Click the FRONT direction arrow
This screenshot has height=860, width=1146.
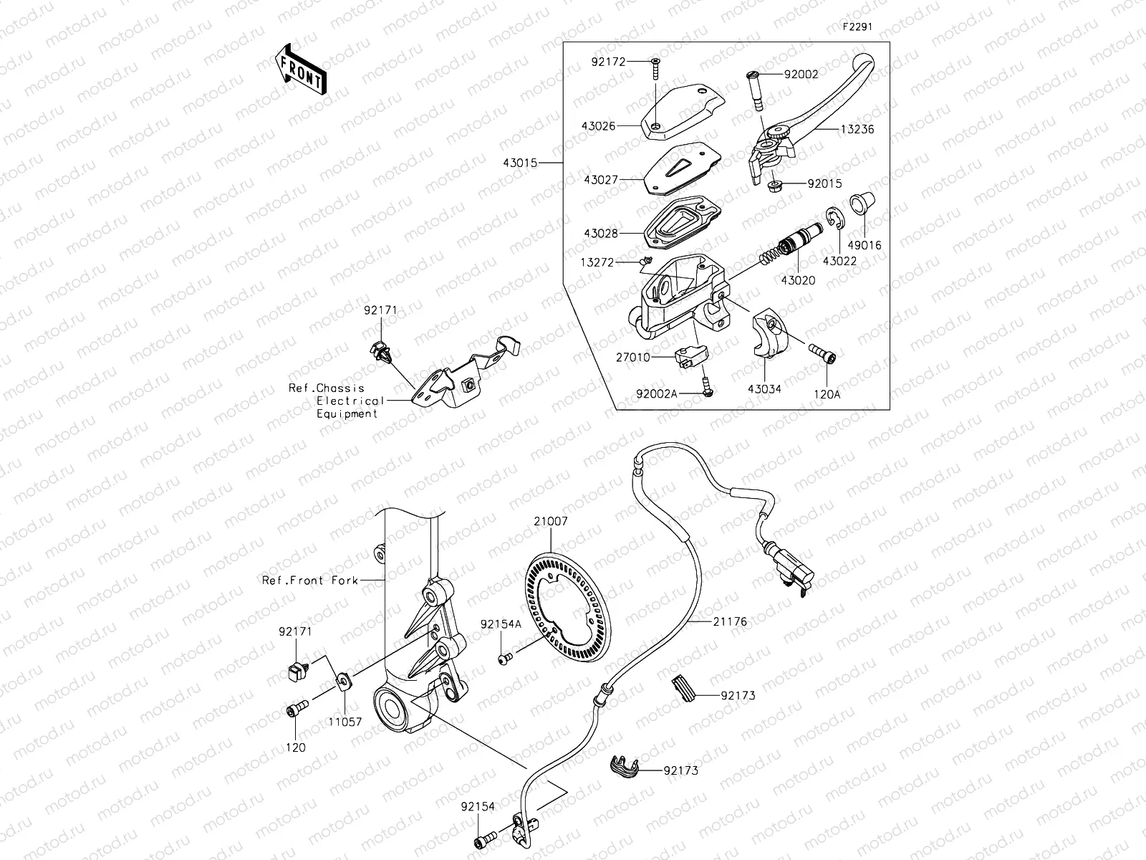pyautogui.click(x=299, y=70)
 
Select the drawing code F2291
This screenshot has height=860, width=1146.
pyautogui.click(x=857, y=27)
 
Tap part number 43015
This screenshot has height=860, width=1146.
pyautogui.click(x=520, y=163)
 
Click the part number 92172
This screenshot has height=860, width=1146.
pyautogui.click(x=609, y=62)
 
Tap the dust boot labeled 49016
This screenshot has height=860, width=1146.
pyautogui.click(x=859, y=204)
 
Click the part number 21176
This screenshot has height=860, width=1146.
pyautogui.click(x=729, y=621)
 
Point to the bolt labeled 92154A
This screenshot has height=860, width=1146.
pyautogui.click(x=504, y=656)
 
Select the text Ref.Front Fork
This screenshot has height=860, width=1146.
pyautogui.click(x=309, y=580)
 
